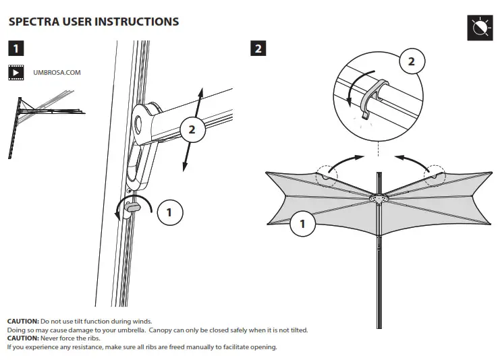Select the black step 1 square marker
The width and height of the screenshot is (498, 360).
tap(16, 49)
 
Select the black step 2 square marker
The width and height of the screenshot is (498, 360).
tap(258, 49)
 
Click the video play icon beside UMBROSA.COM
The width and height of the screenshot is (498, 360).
tap(16, 72)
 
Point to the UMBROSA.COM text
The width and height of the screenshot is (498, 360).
tap(57, 72)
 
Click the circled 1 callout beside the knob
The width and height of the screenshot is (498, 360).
tap(169, 213)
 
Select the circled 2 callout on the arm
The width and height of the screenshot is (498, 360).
tap(192, 129)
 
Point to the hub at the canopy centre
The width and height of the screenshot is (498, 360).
tap(379, 197)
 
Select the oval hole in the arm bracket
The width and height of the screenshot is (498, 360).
tap(139, 123)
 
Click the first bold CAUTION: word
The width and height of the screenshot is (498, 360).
tap(23, 321)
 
